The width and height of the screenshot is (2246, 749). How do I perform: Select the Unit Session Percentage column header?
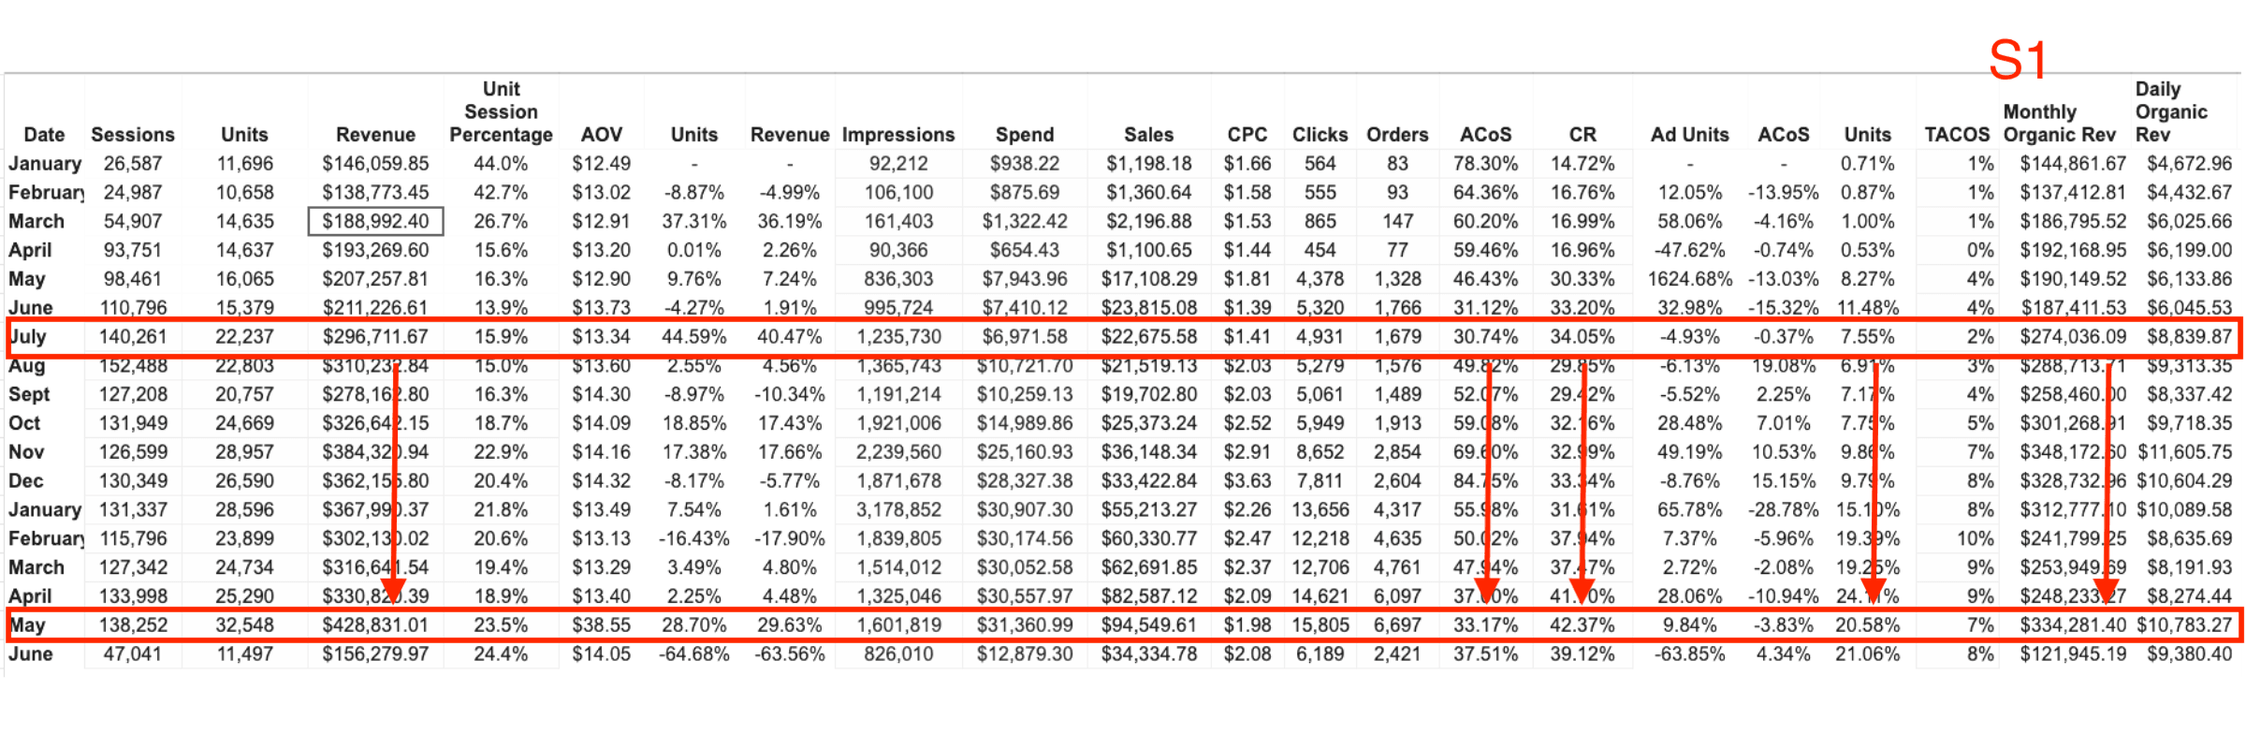(501, 112)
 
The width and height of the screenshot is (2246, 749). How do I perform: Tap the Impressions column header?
(897, 135)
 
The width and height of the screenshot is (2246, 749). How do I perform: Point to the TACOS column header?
(1956, 135)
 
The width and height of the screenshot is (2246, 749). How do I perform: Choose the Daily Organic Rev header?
(2170, 112)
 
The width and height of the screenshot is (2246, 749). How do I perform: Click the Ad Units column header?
(1689, 135)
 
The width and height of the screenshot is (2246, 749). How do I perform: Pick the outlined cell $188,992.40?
(375, 222)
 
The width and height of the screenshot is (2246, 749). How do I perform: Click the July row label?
(28, 337)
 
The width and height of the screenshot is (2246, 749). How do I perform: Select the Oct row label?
(24, 423)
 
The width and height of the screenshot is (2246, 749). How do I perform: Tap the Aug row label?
(27, 366)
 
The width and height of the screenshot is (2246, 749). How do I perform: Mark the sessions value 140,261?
(132, 337)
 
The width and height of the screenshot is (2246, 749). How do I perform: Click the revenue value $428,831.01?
(375, 625)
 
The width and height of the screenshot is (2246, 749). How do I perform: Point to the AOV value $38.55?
(601, 625)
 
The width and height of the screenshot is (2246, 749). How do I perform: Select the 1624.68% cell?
(1689, 279)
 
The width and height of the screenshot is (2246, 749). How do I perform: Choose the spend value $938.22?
(1025, 164)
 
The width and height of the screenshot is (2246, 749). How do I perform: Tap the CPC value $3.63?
(1247, 481)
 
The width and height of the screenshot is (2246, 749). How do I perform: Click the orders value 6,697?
(1397, 625)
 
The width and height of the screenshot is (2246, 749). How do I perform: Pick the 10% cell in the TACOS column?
(1975, 539)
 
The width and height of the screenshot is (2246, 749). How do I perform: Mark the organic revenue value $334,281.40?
(2073, 625)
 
